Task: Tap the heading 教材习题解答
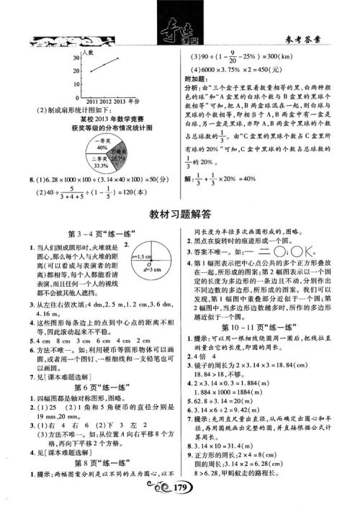[180, 213]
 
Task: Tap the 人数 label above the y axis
[87, 53]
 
